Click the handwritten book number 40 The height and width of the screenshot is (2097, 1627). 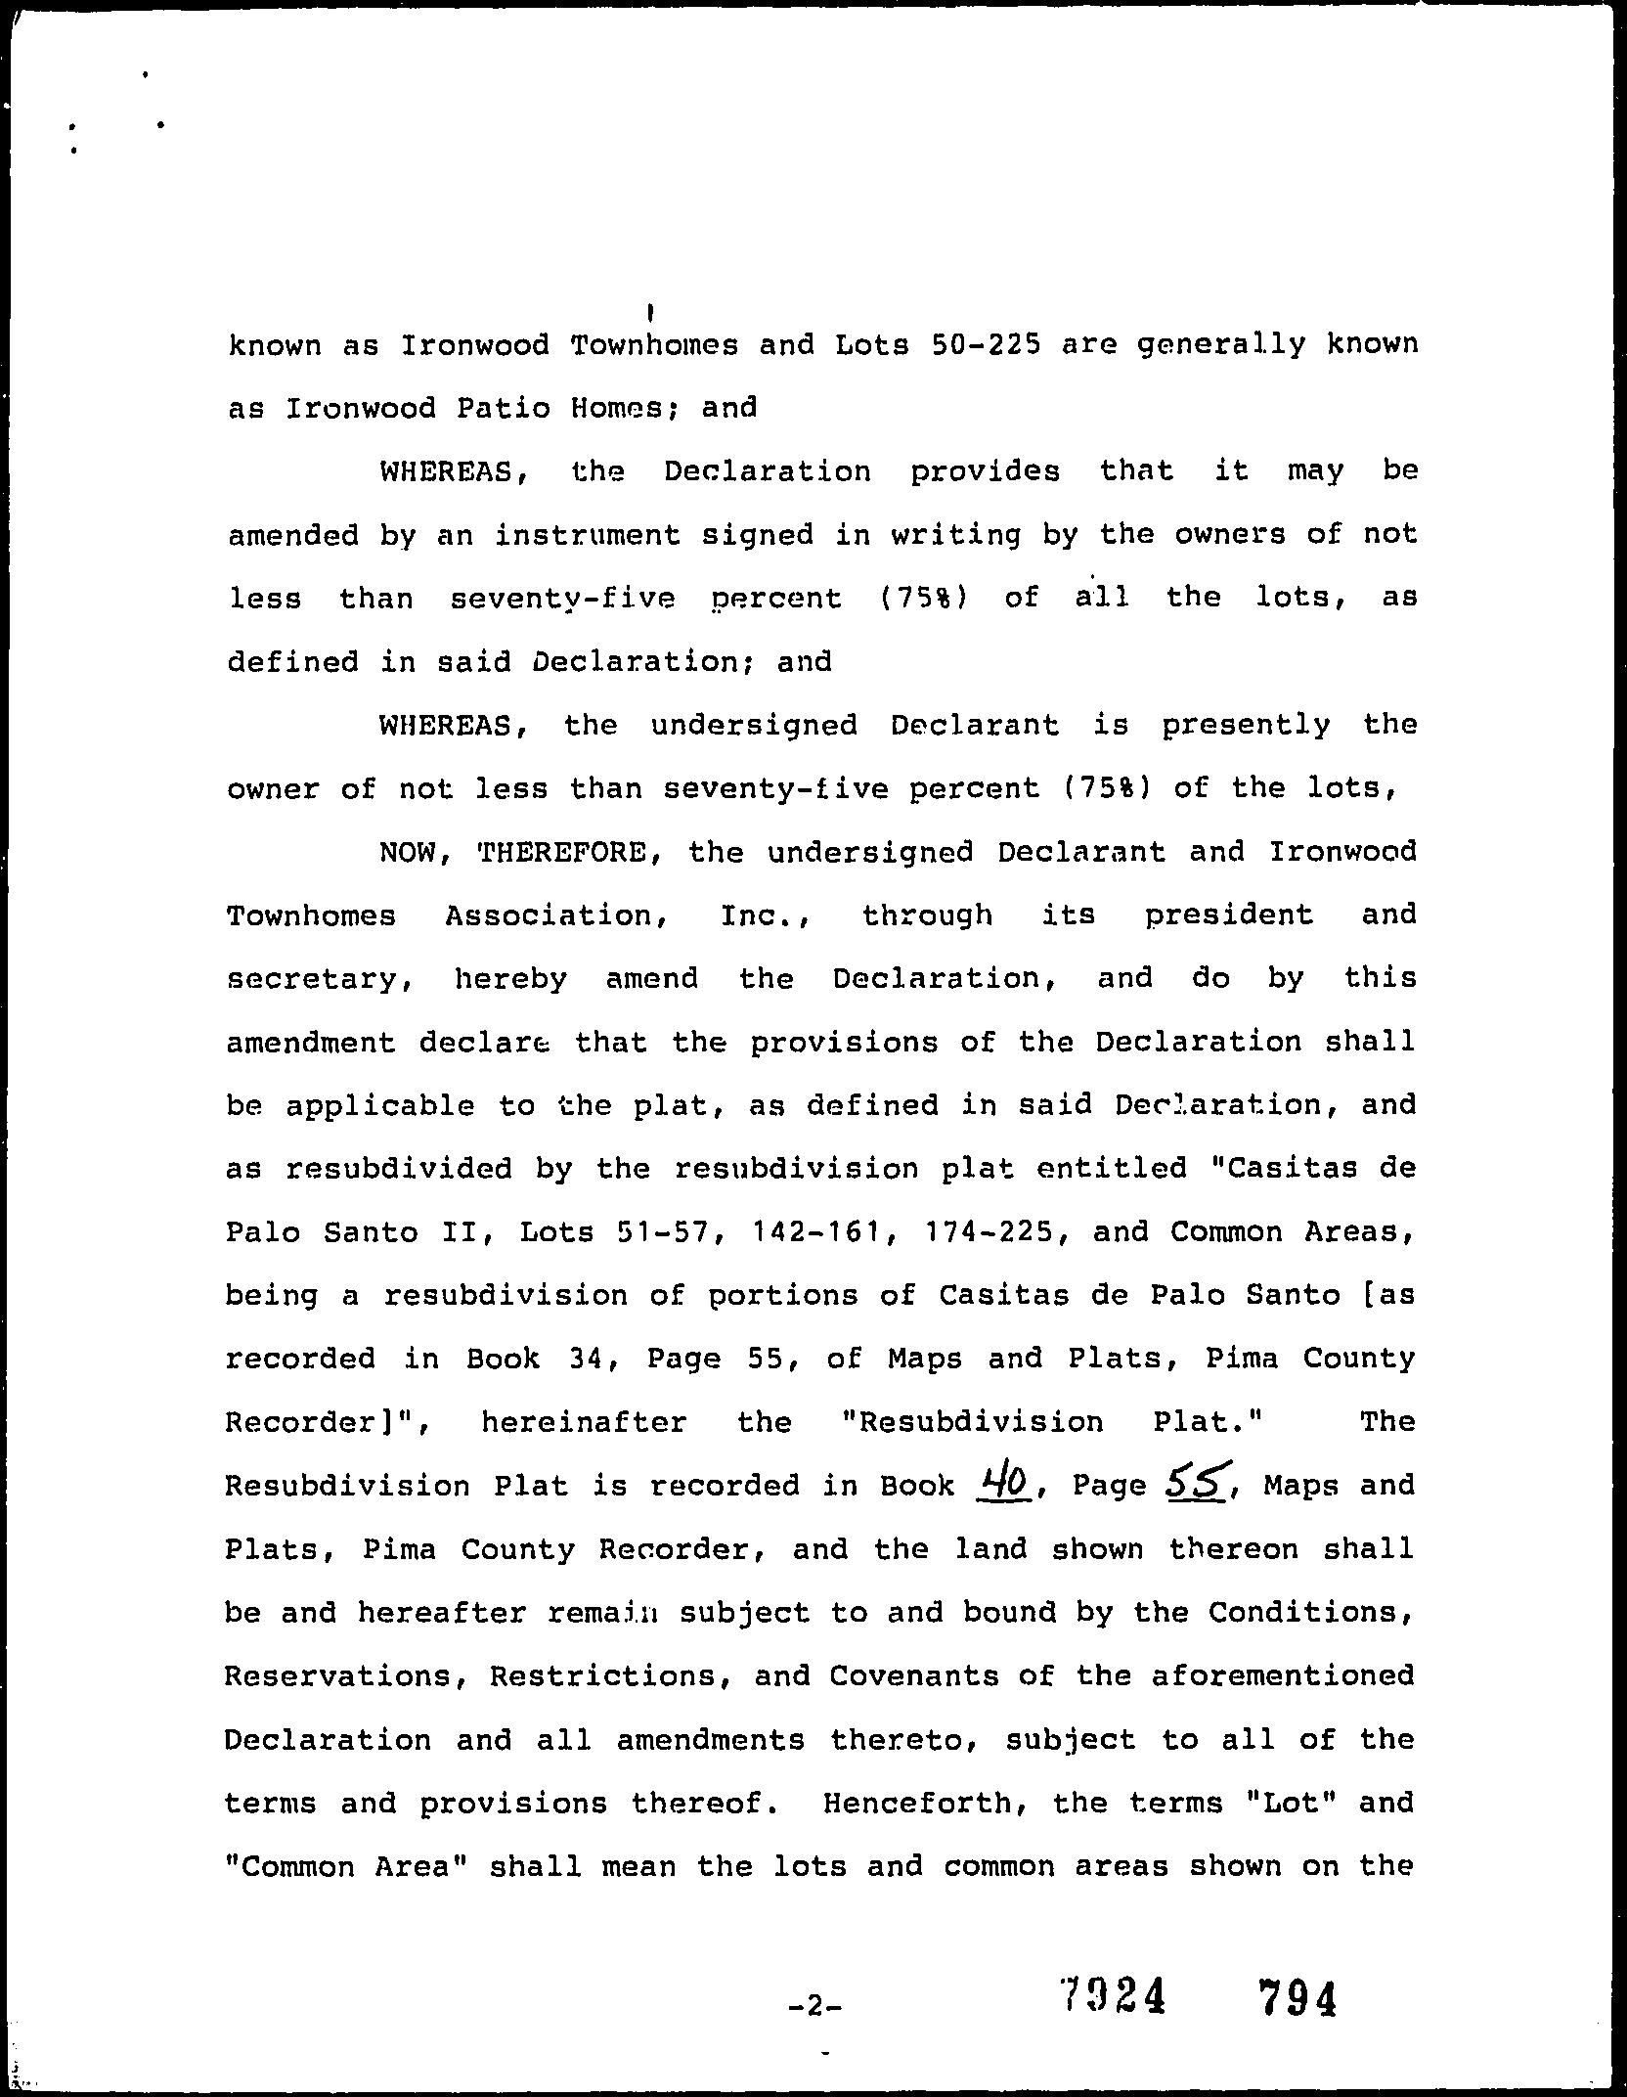(1004, 1485)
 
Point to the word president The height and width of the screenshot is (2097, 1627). (1229, 916)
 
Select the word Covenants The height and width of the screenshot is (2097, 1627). (913, 1676)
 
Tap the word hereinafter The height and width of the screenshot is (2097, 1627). (584, 1422)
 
